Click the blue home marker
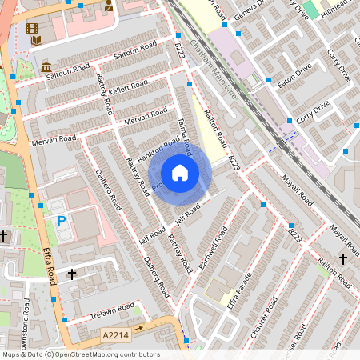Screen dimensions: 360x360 [x=180, y=173]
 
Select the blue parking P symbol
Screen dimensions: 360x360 [x=61, y=220]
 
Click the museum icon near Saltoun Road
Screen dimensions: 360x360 [x=46, y=66]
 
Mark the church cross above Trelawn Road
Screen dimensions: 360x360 [x=72, y=274]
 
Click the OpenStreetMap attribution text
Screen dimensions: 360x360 [x=81, y=354]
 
